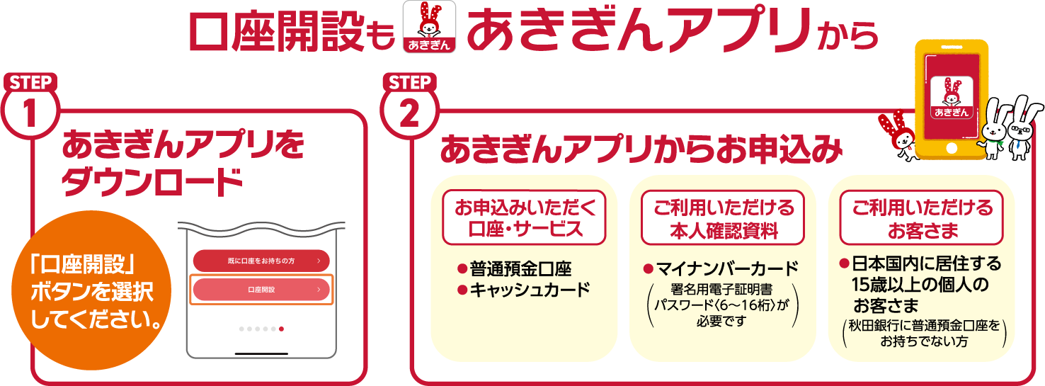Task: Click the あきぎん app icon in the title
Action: (429, 27)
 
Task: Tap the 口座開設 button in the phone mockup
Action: (261, 290)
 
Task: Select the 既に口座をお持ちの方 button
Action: (261, 261)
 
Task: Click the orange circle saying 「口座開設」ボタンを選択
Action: (91, 291)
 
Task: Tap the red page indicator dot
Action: (281, 329)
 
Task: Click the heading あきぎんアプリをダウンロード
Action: (183, 164)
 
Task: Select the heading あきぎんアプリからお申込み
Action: (641, 149)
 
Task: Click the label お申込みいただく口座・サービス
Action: (525, 218)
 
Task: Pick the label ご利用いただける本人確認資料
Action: (723, 218)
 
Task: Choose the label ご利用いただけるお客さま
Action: (922, 218)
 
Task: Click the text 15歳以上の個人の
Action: (920, 284)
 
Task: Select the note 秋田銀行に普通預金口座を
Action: (924, 325)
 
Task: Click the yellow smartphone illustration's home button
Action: (952, 149)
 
